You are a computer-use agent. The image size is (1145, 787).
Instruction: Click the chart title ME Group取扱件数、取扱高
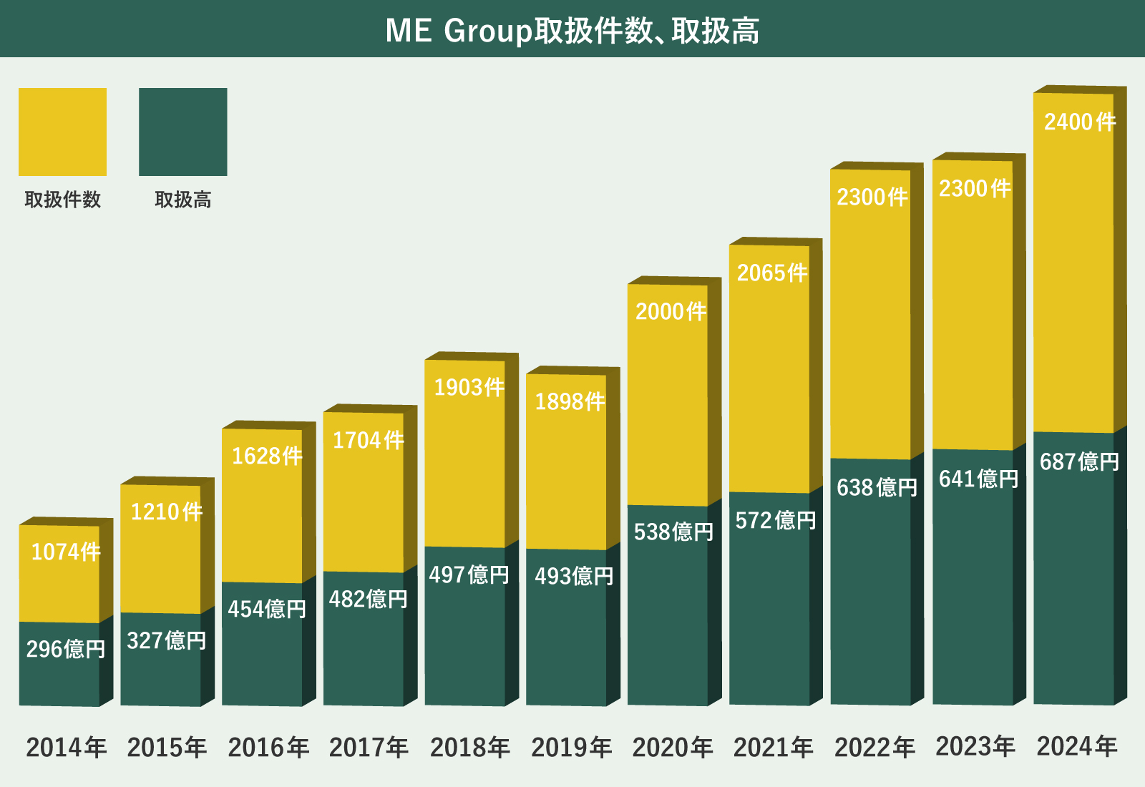[572, 30]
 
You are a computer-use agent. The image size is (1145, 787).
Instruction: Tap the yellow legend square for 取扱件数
[62, 132]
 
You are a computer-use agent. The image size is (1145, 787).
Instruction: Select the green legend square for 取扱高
[182, 132]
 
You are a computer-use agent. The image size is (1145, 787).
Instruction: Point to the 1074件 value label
[66, 552]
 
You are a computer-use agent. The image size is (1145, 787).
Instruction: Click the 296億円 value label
[66, 649]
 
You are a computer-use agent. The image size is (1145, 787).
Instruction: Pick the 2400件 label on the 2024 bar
[1079, 122]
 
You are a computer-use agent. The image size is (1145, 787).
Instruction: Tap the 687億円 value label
[1079, 461]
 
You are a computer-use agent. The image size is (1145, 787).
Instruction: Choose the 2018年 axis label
[469, 748]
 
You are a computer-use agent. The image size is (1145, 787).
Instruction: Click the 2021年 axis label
[773, 748]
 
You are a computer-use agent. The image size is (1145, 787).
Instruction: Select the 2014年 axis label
[66, 748]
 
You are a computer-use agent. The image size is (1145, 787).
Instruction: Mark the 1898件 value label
[570, 401]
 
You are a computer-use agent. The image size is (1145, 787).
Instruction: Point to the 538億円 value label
[673, 532]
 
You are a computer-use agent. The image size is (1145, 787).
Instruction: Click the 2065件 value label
[772, 273]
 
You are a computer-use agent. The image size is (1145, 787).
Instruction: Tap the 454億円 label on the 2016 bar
[267, 609]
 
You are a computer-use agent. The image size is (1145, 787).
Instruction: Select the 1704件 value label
[368, 440]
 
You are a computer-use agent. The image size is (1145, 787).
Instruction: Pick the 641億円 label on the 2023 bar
[978, 479]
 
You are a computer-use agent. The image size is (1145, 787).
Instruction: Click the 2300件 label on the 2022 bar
[872, 197]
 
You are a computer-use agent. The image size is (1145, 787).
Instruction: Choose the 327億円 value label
[167, 640]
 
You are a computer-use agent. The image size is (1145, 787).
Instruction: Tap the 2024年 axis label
[1076, 747]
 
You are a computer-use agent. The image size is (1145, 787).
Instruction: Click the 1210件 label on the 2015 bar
[167, 512]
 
